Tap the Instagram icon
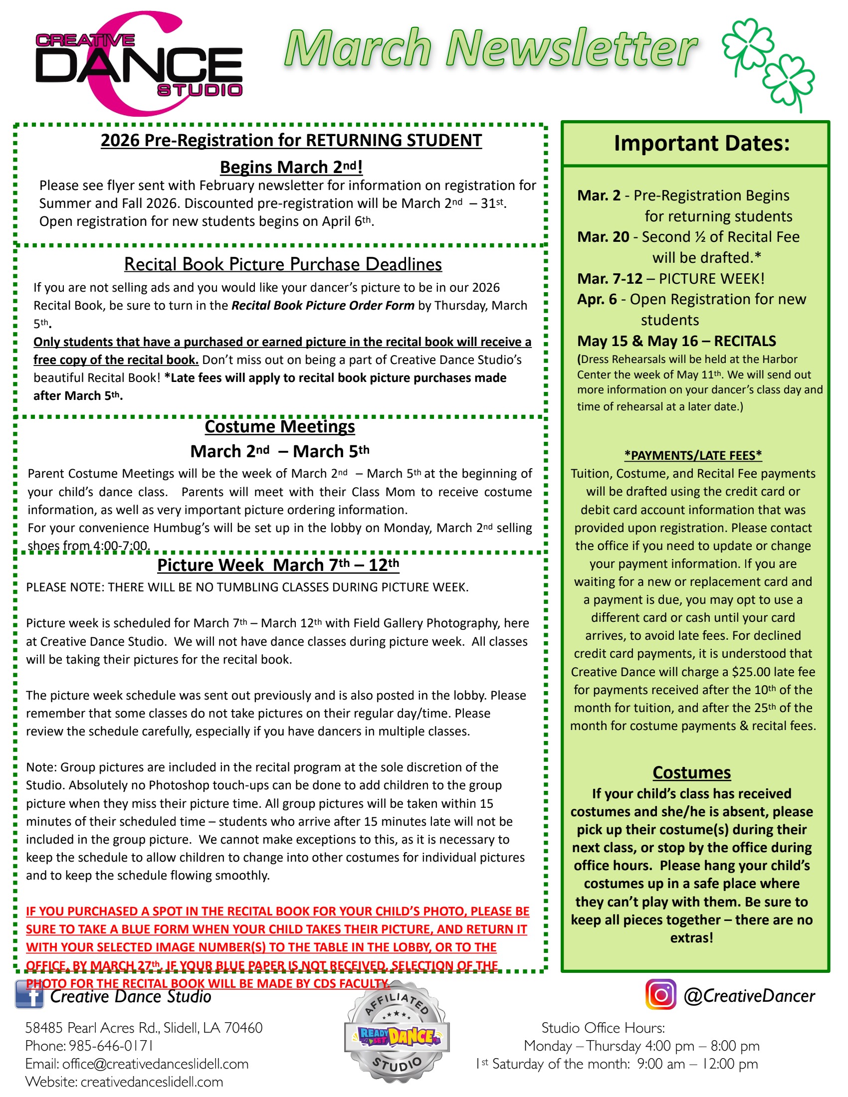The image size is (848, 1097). click(x=660, y=994)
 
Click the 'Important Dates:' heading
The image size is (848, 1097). click(x=701, y=143)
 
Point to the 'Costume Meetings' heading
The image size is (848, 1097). click(x=280, y=426)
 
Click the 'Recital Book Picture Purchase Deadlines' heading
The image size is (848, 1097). click(x=283, y=264)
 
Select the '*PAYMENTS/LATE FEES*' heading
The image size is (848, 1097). click(x=693, y=455)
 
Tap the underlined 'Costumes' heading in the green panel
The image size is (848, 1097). click(x=691, y=772)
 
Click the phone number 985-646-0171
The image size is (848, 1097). click(x=111, y=1046)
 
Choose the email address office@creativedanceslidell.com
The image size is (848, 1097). click(x=155, y=1064)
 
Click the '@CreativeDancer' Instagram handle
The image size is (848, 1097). click(x=749, y=996)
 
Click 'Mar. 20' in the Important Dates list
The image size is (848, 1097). click(x=603, y=236)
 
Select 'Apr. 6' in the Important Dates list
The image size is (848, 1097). click(x=597, y=299)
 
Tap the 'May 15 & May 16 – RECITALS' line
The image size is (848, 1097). click(x=676, y=341)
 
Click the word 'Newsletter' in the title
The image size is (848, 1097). click(x=571, y=49)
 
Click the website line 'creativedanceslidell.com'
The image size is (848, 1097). click(x=152, y=1082)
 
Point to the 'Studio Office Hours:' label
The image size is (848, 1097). click(x=603, y=1028)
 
